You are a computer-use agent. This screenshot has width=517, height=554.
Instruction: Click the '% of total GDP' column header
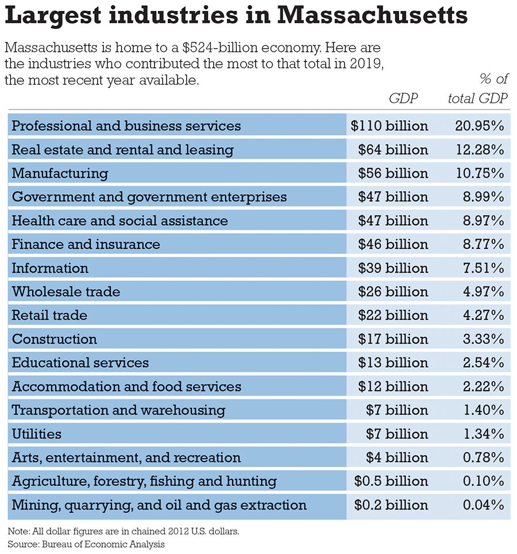[x=478, y=89]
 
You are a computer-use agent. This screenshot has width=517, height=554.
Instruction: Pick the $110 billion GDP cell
[x=389, y=126]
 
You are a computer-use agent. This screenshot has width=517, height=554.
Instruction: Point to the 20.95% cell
[x=479, y=126]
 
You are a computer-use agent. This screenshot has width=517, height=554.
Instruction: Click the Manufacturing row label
[x=60, y=173]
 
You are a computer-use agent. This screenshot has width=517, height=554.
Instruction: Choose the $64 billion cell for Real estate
[x=393, y=150]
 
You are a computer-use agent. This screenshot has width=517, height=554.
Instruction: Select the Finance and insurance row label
[x=86, y=244]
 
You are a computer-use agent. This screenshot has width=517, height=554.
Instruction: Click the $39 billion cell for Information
[x=393, y=268]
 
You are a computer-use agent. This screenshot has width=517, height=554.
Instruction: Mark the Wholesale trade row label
[x=66, y=292]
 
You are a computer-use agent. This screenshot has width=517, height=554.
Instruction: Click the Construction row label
[x=55, y=339]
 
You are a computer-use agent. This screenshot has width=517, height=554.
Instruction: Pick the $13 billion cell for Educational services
[x=393, y=363]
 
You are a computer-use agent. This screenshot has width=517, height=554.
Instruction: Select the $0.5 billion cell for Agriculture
[x=389, y=481]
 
